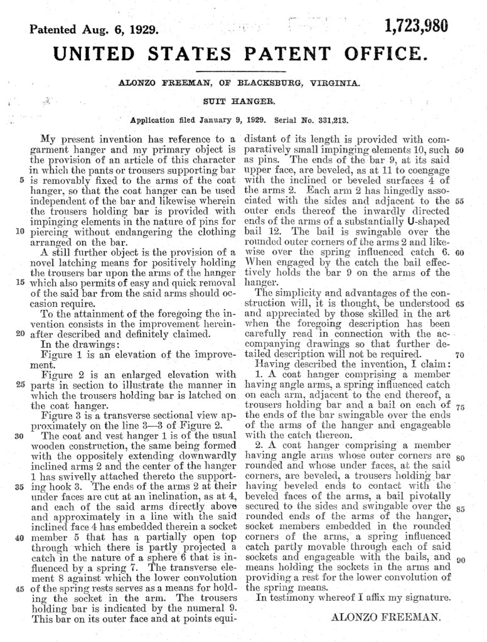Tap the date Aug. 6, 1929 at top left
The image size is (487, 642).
click(121, 29)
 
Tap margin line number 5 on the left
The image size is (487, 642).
click(21, 178)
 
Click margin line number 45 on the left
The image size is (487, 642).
click(19, 588)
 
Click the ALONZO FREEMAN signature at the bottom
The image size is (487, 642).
click(385, 616)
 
